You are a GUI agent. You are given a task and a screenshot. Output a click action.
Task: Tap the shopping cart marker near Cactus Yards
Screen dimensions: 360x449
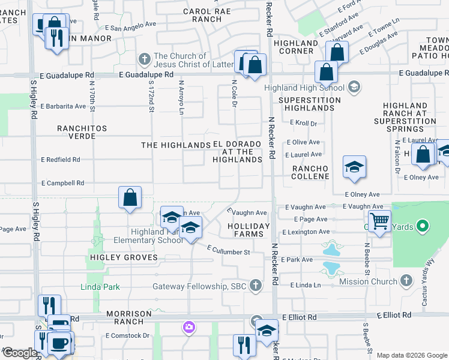pyautogui.click(x=379, y=221)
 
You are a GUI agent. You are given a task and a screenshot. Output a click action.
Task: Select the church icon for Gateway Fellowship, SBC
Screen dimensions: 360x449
pyautogui.click(x=256, y=286)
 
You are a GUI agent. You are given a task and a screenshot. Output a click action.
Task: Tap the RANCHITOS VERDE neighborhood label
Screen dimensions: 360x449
pyautogui.click(x=82, y=132)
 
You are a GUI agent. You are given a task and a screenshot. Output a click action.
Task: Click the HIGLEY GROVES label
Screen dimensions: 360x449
pyautogui.click(x=124, y=257)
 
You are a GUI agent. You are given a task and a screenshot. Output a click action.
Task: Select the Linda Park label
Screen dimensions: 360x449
pyautogui.click(x=100, y=287)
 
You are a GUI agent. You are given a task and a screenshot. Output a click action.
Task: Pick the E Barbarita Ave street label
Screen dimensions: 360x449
pyautogui.click(x=63, y=106)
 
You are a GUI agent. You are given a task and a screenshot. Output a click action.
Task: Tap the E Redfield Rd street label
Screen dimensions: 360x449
pyautogui.click(x=60, y=160)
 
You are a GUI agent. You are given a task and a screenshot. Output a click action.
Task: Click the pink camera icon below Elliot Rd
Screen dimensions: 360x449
pyautogui.click(x=189, y=327)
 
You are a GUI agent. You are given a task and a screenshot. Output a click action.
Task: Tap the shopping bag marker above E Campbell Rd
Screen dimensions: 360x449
pyautogui.click(x=130, y=197)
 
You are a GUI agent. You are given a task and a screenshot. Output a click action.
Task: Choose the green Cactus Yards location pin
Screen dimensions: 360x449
pyautogui.click(x=423, y=226)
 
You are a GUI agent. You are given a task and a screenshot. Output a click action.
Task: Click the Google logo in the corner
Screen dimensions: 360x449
pyautogui.click(x=20, y=353)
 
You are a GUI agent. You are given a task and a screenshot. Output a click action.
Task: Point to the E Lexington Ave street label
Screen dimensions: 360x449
pyautogui.click(x=308, y=232)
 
